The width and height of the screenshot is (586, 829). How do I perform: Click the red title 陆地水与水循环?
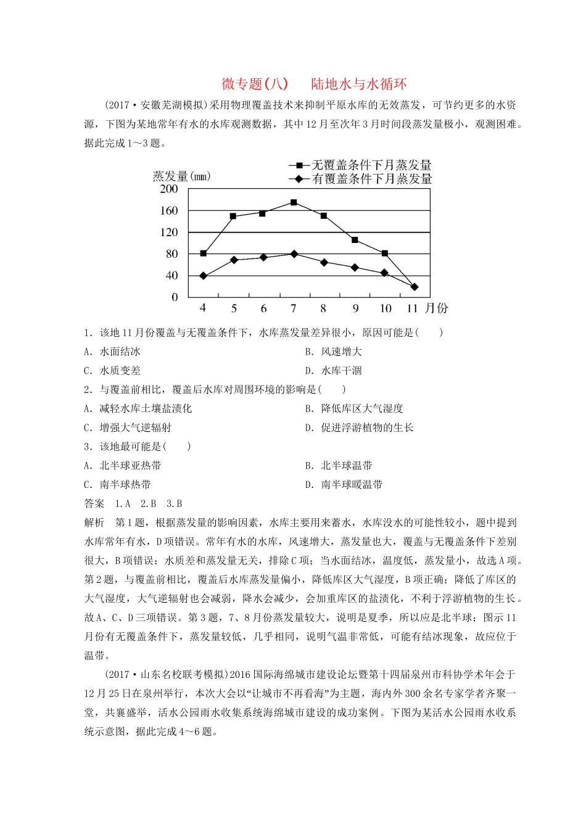point(358,84)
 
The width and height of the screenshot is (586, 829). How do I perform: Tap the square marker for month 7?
point(294,202)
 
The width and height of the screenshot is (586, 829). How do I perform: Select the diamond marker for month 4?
point(204,276)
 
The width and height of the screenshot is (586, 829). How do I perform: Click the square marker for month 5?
point(233,217)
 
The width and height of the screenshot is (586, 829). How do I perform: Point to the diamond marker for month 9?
point(355,268)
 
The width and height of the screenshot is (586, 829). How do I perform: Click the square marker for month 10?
point(385,254)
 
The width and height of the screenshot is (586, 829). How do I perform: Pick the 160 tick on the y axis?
point(168,211)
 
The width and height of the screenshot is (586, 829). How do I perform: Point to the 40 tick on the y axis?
point(171,276)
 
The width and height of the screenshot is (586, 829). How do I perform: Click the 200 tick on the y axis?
point(168,189)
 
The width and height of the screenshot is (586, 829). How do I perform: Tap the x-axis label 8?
point(323,308)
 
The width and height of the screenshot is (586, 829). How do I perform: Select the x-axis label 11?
point(412,308)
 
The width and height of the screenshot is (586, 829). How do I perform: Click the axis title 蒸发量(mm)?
point(181,176)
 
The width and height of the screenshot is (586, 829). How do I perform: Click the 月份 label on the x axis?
point(437,308)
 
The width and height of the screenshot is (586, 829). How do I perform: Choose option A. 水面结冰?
point(112,352)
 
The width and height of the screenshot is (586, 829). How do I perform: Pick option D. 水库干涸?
point(333,371)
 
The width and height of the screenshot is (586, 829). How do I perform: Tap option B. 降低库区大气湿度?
point(354,408)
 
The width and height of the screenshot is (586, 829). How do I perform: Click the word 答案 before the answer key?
point(94,504)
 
